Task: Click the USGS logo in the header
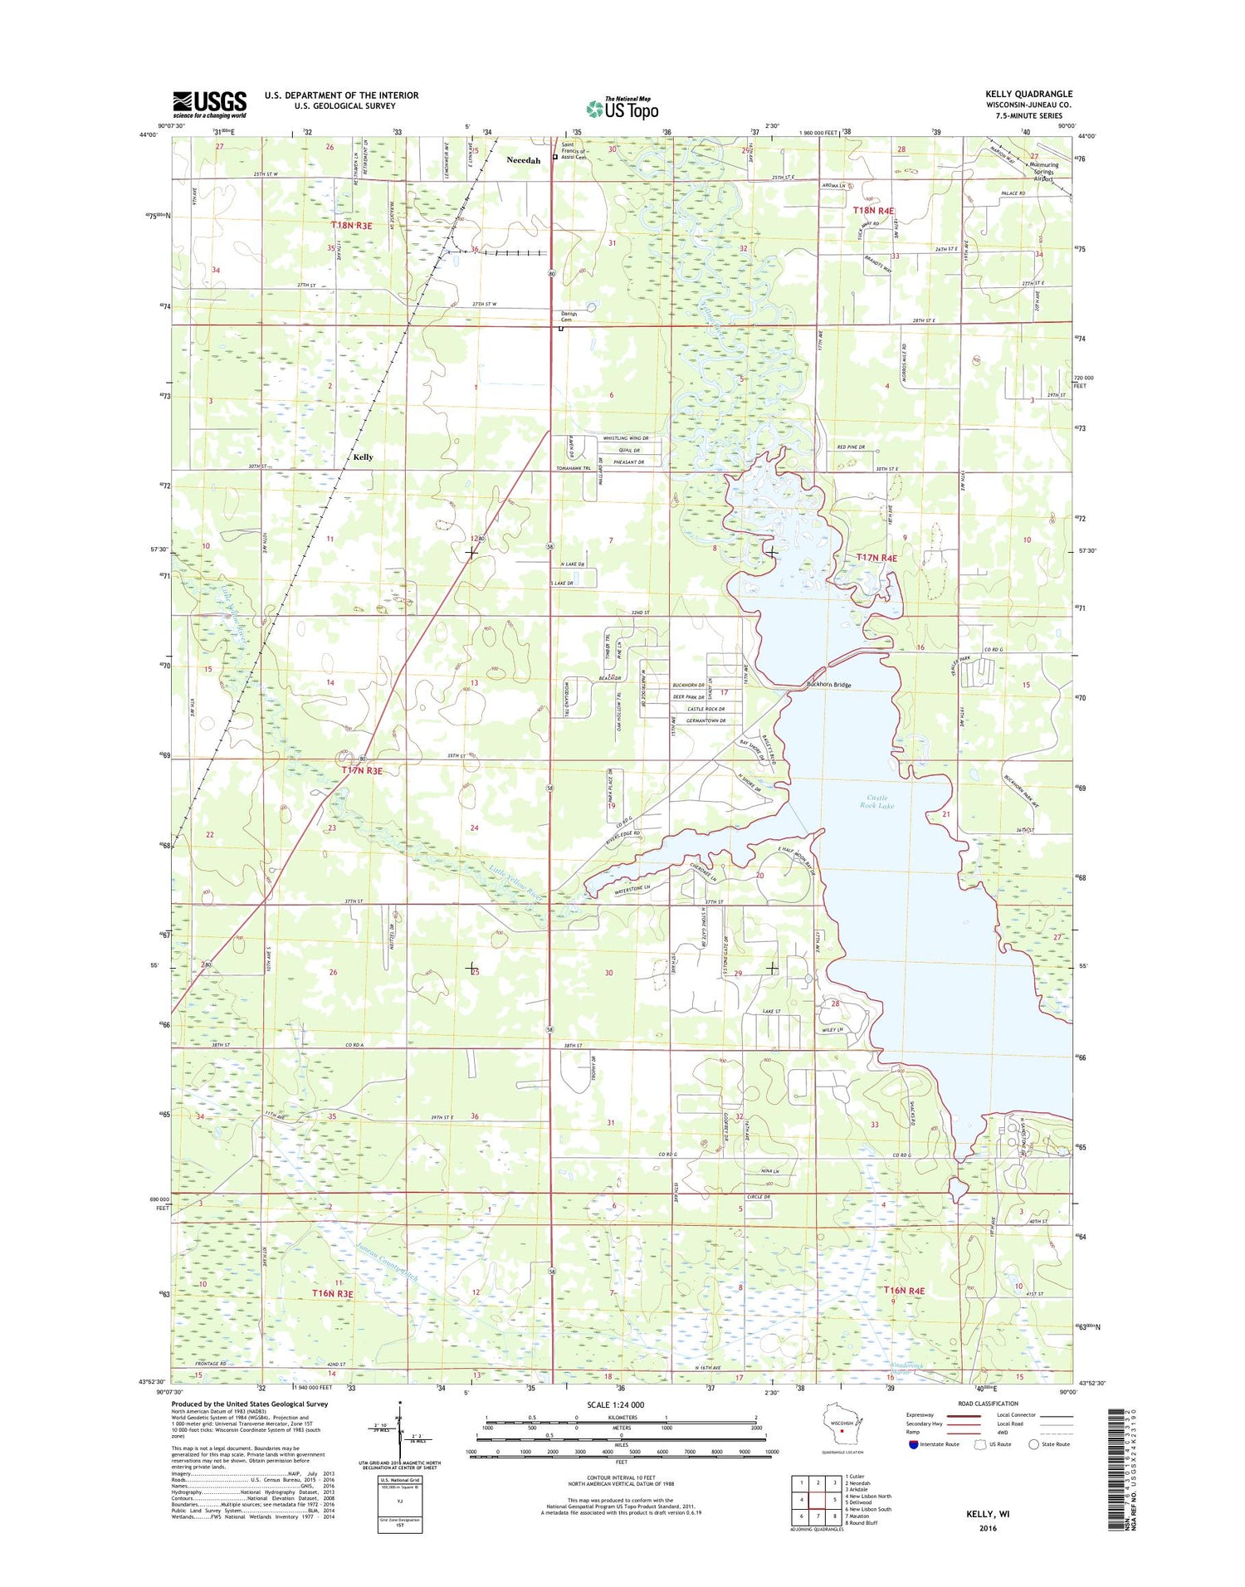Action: pyautogui.click(x=209, y=104)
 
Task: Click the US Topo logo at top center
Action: pyautogui.click(x=622, y=109)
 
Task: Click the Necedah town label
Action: pyautogui.click(x=523, y=160)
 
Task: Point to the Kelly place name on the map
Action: pyautogui.click(x=363, y=457)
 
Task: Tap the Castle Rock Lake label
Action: pyautogui.click(x=877, y=802)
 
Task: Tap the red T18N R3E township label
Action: pyautogui.click(x=352, y=225)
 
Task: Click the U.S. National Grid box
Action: pyautogui.click(x=399, y=1503)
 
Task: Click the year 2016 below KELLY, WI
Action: pyautogui.click(x=987, y=1527)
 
